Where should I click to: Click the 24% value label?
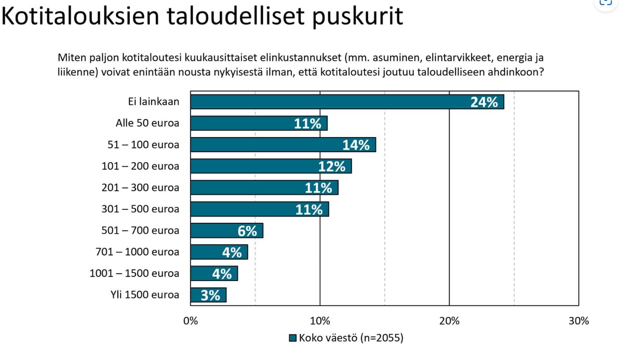click(x=484, y=102)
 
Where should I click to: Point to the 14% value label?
click(x=356, y=145)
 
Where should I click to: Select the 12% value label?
click(x=332, y=166)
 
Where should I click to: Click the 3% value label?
click(x=210, y=295)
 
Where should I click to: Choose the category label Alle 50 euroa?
click(x=147, y=124)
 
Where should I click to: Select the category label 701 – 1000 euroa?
click(x=138, y=252)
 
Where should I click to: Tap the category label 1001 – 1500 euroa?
click(x=134, y=273)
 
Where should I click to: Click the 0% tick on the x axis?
click(x=191, y=321)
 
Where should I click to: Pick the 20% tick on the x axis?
click(x=449, y=321)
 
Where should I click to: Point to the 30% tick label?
click(x=578, y=321)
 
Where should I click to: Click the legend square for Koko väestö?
click(x=292, y=338)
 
